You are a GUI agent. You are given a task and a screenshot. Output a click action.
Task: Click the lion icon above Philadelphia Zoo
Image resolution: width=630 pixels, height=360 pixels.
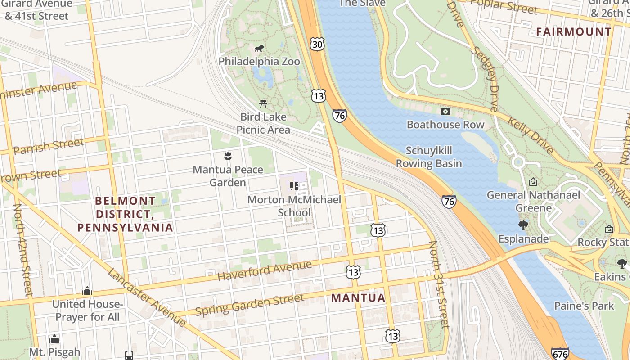(259, 49)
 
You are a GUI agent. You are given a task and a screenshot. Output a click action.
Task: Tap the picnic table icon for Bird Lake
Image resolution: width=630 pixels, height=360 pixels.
(263, 104)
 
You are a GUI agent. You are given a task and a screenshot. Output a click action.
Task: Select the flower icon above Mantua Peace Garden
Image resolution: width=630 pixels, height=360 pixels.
(228, 157)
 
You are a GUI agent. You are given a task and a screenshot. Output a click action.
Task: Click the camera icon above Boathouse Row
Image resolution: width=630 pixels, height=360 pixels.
(445, 111)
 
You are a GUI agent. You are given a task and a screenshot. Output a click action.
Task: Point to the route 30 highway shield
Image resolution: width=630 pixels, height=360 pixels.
(317, 44)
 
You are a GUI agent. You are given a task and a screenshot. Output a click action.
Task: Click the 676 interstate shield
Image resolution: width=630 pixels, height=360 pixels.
(560, 354)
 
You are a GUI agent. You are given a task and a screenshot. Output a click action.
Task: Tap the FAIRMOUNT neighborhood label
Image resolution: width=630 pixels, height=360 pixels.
(574, 32)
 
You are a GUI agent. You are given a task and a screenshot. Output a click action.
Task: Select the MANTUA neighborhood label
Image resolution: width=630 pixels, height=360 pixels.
(358, 298)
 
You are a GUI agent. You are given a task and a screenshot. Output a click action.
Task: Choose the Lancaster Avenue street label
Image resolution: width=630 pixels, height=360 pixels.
(146, 297)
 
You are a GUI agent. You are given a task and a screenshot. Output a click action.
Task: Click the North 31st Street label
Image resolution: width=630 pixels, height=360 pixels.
(439, 284)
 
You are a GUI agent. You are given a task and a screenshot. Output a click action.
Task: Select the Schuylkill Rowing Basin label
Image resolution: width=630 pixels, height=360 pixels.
(429, 157)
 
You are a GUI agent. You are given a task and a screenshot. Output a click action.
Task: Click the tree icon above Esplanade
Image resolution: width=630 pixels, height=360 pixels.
(523, 225)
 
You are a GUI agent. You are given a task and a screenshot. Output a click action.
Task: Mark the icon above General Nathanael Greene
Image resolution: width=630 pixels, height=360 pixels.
(533, 182)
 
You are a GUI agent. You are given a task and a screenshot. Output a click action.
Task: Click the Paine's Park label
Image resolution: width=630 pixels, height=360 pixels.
(584, 306)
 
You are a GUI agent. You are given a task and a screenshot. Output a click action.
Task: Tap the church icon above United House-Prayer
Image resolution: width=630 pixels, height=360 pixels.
(87, 291)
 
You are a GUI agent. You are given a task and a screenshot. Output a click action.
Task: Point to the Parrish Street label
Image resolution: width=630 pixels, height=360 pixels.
(49, 146)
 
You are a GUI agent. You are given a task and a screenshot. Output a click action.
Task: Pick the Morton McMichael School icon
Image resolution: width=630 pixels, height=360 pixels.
(294, 186)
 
